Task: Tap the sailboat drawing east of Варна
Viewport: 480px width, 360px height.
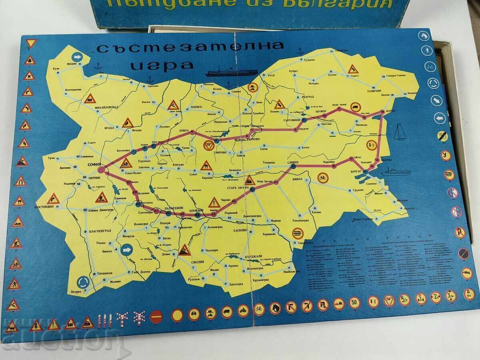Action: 399,132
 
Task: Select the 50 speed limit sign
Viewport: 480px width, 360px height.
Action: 354,302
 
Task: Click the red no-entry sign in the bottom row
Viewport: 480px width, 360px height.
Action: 156,316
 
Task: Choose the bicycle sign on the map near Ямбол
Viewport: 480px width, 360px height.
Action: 323,178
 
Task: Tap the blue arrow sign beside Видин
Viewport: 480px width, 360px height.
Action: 77,58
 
